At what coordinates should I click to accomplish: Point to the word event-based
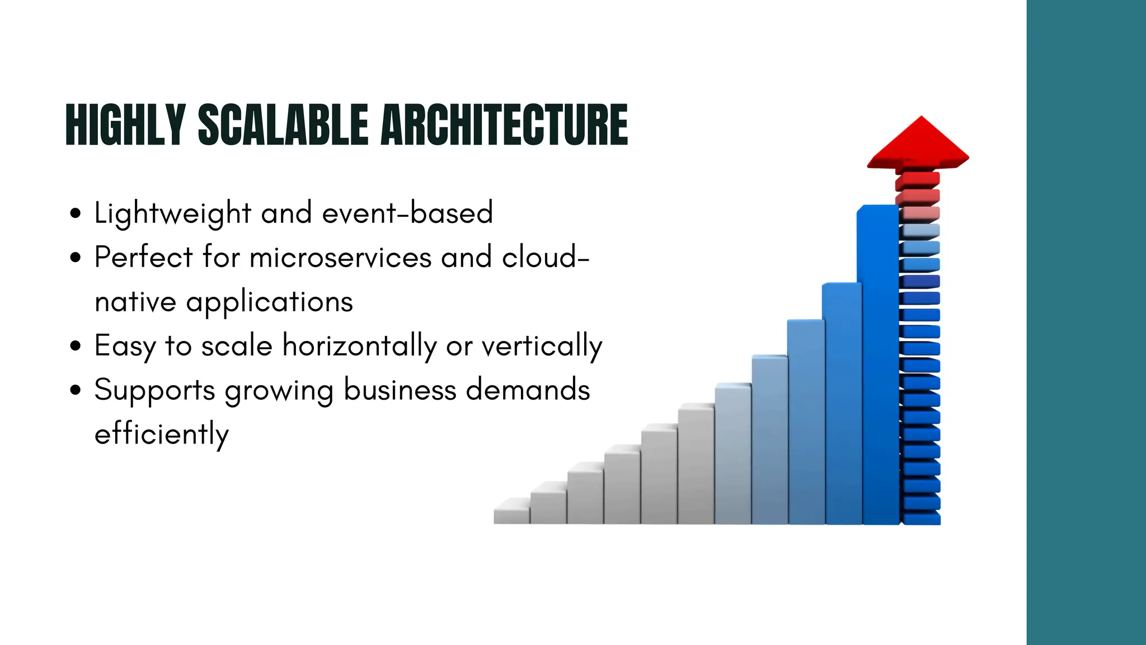point(407,213)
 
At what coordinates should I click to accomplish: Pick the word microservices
point(340,258)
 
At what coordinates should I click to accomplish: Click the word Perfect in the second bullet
point(143,258)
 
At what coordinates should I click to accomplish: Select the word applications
point(269,302)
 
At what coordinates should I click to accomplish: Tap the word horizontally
point(359,346)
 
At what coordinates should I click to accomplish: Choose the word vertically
point(542,346)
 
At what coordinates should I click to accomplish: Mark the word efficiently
point(162,434)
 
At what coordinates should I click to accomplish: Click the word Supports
point(154,390)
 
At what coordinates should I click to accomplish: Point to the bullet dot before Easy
point(76,346)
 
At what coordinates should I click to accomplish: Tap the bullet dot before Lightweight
point(76,213)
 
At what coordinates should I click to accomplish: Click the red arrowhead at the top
point(919,144)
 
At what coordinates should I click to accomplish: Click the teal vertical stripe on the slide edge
point(1086,322)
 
